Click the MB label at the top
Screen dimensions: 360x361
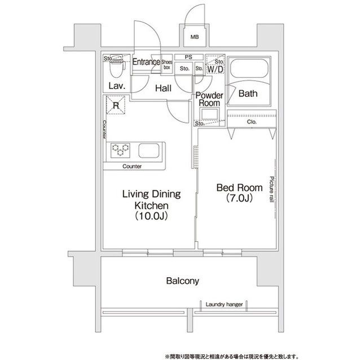pyautogui.click(x=194, y=38)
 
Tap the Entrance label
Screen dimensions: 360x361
pyautogui.click(x=146, y=63)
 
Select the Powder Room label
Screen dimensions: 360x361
pyautogui.click(x=209, y=100)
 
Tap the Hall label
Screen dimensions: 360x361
pyautogui.click(x=164, y=88)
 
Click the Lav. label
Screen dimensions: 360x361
pyautogui.click(x=116, y=86)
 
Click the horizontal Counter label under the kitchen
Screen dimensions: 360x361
pyautogui.click(x=131, y=167)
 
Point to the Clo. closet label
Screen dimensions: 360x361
pyautogui.click(x=250, y=122)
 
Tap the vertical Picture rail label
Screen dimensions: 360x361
pyautogui.click(x=271, y=192)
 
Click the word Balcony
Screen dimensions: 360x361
pyautogui.click(x=182, y=280)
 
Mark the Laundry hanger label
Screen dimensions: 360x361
pyautogui.click(x=224, y=304)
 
